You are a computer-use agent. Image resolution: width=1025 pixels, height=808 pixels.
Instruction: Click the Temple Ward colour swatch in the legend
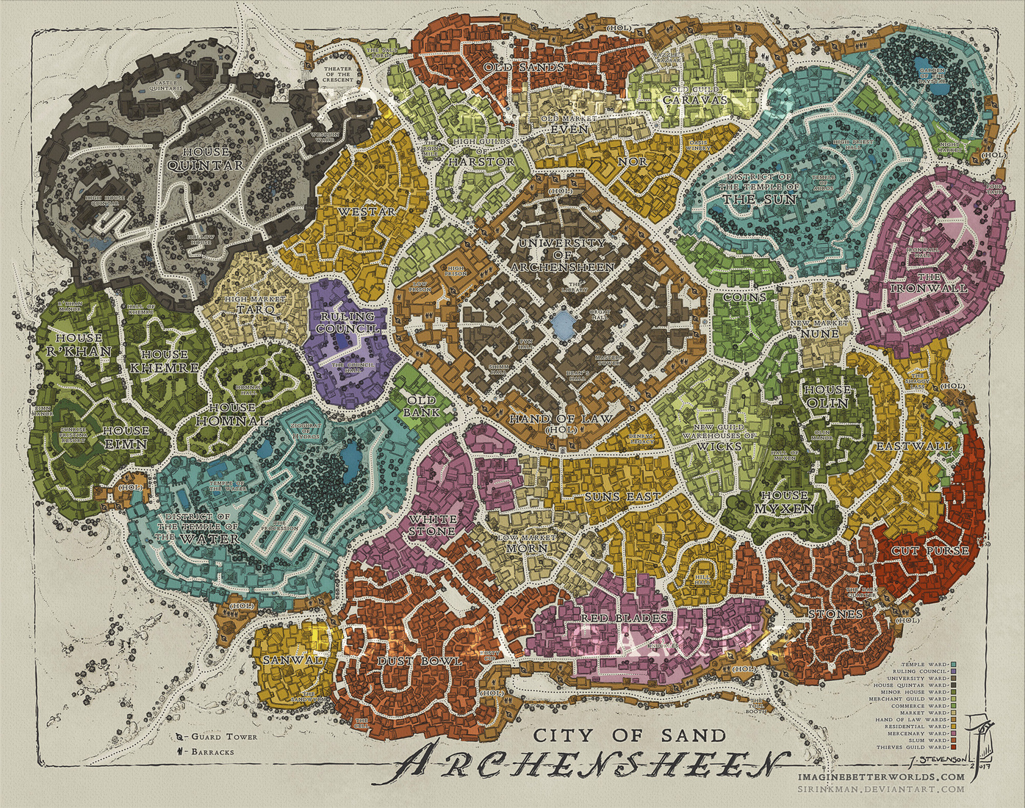click(x=953, y=664)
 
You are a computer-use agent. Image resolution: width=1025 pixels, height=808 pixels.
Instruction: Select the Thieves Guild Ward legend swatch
click(x=953, y=747)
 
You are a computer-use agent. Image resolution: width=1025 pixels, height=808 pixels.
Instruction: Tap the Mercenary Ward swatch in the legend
click(x=953, y=733)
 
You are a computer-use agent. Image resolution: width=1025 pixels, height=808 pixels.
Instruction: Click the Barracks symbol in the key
click(x=179, y=751)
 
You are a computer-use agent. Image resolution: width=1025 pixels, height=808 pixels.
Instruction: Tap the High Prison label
click(x=456, y=271)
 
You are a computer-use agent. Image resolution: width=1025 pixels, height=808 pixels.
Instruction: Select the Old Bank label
click(x=422, y=406)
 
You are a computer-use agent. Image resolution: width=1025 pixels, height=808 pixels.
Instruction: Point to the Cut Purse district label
click(x=929, y=551)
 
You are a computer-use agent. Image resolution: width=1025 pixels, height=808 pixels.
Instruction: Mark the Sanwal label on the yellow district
click(x=292, y=660)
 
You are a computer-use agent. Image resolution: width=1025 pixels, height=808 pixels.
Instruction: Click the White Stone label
click(x=432, y=524)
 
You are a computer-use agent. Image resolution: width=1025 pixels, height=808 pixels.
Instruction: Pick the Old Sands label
click(x=524, y=68)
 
